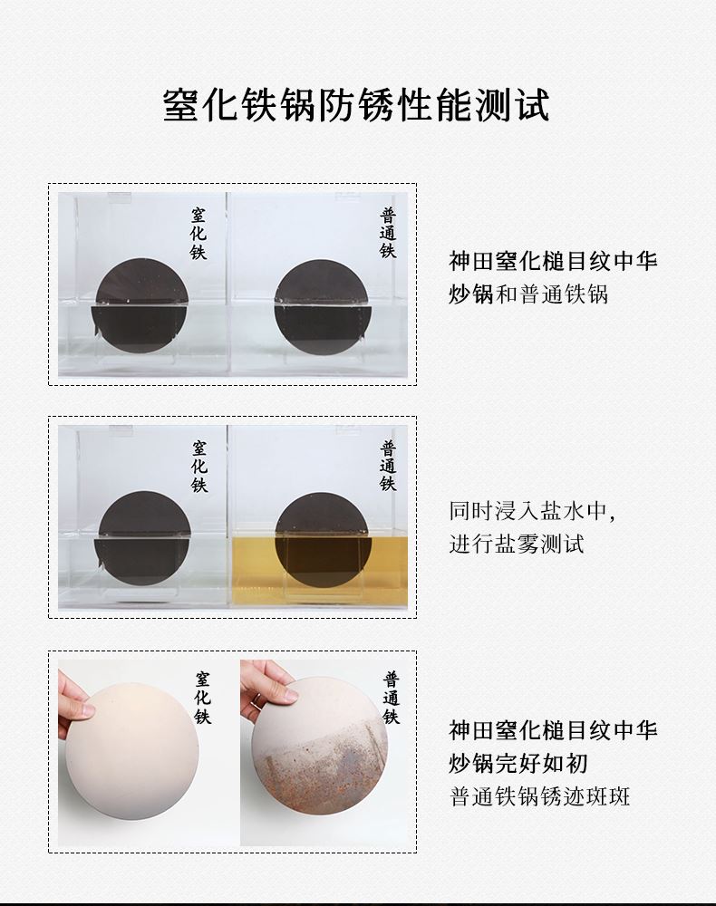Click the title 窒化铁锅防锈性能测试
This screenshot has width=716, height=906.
point(356,104)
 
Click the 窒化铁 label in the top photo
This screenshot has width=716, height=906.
point(198,234)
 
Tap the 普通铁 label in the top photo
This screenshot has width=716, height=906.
point(388,234)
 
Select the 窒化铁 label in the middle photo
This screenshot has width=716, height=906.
point(199,467)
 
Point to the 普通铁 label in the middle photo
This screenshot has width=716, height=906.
point(388,466)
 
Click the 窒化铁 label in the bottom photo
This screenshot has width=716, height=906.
point(202,698)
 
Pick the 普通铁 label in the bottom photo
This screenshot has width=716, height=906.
point(392,698)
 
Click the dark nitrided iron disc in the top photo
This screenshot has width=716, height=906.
point(141,305)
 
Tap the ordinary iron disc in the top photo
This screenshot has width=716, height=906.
point(322,306)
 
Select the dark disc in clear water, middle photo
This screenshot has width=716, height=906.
point(143,538)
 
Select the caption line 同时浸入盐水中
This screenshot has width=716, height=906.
point(532,511)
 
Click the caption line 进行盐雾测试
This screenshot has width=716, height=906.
point(517,544)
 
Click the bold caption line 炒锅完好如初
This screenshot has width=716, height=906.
point(518,763)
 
